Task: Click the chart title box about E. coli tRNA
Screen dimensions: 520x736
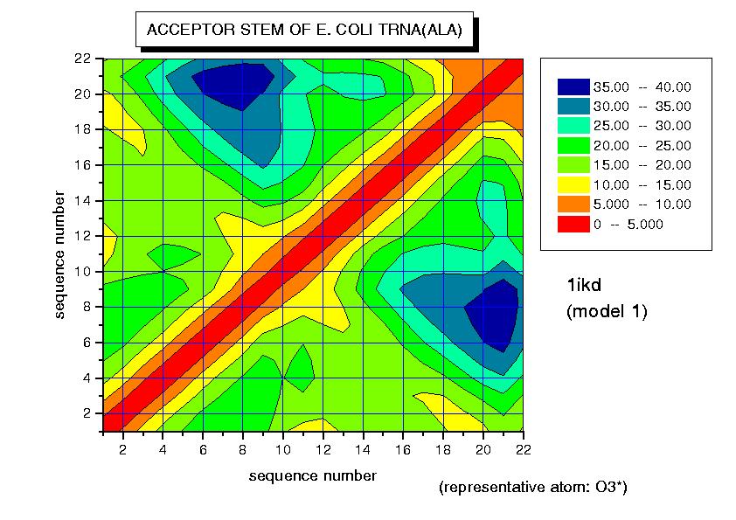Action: tap(305, 30)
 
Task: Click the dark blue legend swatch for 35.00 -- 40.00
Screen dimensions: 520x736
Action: tap(573, 87)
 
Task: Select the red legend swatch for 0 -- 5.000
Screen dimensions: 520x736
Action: tap(573, 224)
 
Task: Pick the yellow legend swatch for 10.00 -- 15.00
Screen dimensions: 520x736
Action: tap(573, 184)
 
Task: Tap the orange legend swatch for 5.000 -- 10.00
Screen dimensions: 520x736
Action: tap(573, 205)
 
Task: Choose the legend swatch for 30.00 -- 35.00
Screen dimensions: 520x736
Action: tap(573, 106)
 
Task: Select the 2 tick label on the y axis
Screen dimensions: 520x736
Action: tap(85, 413)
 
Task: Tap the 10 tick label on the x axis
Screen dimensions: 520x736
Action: tap(282, 448)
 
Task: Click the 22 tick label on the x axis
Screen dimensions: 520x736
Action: tap(522, 448)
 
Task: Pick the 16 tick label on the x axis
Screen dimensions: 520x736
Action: tap(402, 448)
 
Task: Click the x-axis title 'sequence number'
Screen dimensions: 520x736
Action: tap(313, 475)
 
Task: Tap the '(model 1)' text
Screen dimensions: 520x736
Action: tap(607, 310)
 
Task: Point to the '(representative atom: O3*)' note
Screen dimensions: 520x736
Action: tap(532, 487)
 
